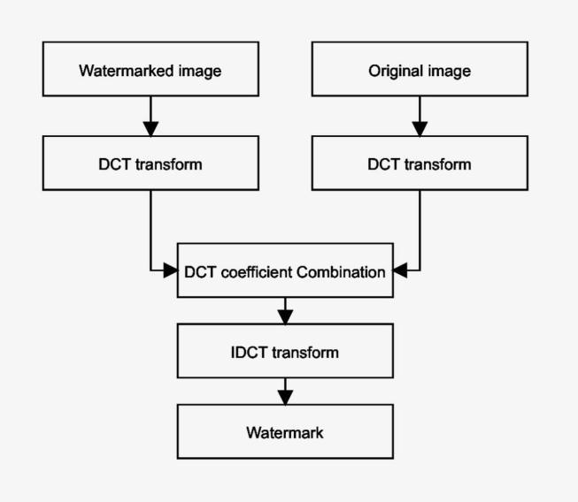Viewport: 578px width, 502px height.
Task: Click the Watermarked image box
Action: (150, 70)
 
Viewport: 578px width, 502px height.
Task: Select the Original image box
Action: (419, 70)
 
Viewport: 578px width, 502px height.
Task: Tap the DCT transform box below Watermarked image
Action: (150, 164)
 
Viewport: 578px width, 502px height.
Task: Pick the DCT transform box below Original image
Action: (419, 164)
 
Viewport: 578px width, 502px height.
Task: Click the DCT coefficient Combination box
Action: (284, 271)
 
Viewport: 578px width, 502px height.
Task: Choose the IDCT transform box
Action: (284, 352)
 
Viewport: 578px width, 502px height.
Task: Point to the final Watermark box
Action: (284, 432)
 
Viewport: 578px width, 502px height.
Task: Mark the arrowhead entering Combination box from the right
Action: (399, 271)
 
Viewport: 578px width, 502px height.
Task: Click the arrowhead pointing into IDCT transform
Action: (284, 316)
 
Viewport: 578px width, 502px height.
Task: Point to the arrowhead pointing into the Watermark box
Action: (284, 397)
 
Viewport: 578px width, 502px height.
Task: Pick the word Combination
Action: (341, 271)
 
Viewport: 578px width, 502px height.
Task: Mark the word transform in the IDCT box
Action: (304, 352)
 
